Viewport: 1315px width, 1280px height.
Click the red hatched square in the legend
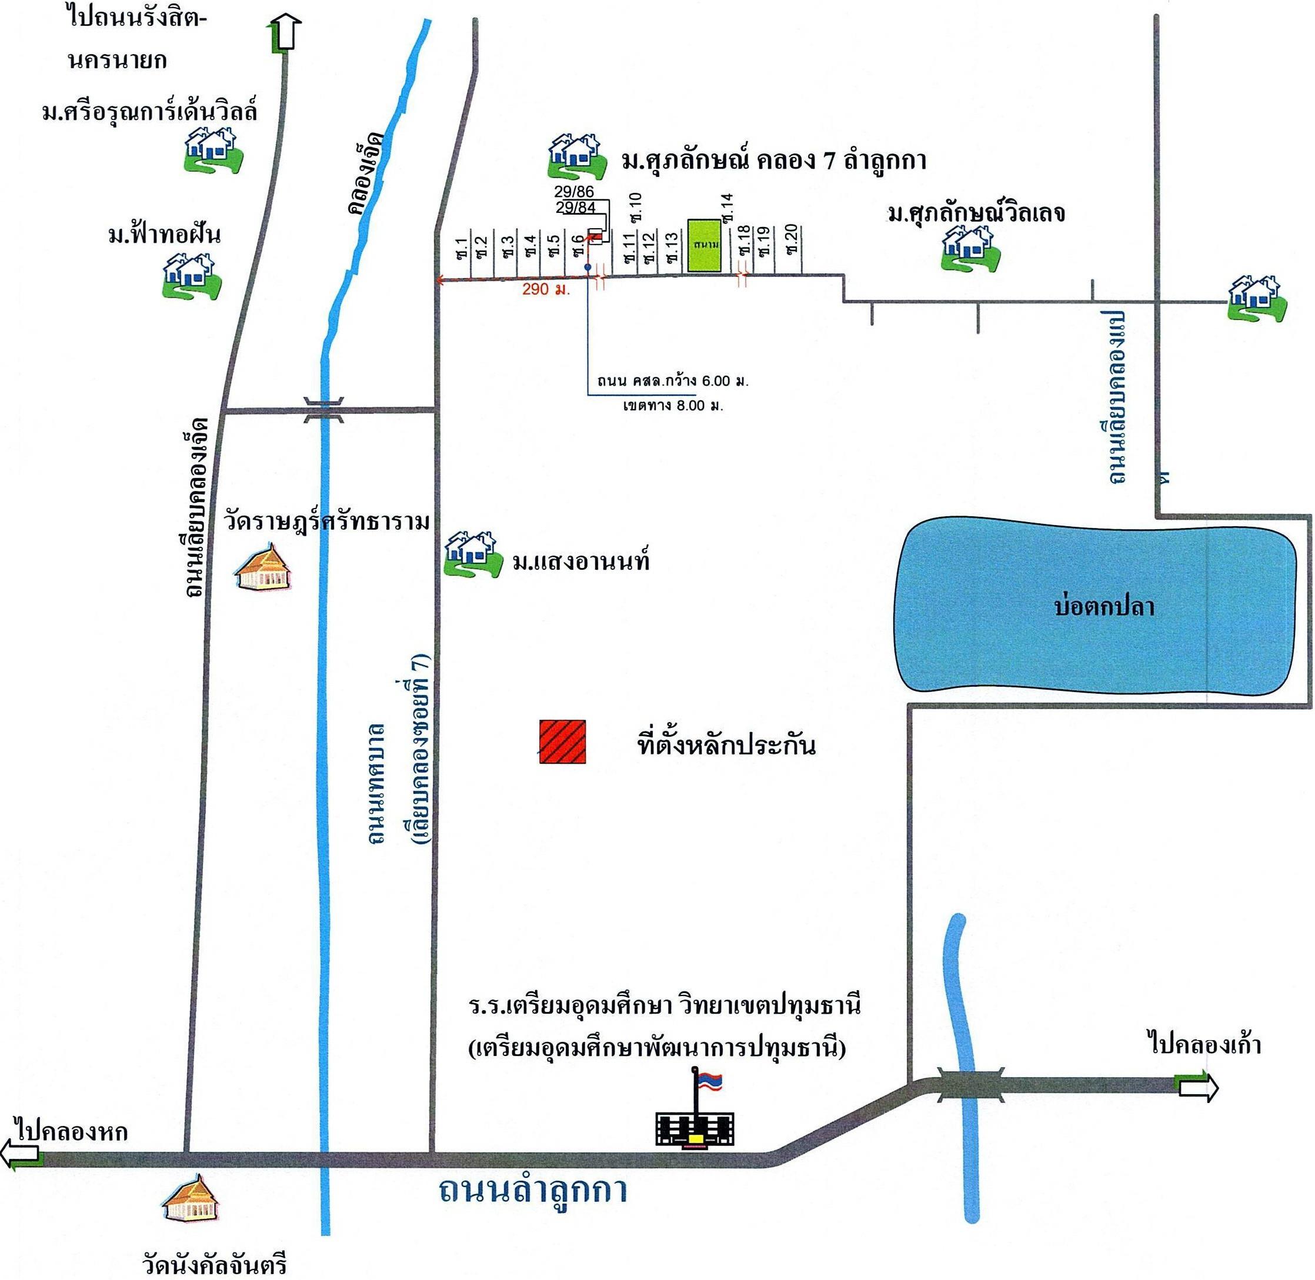(562, 741)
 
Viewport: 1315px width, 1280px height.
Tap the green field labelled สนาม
(704, 245)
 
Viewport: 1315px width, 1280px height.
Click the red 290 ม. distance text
(546, 290)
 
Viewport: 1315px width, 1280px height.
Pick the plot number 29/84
(576, 208)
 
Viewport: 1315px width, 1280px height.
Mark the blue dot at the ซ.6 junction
(588, 268)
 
